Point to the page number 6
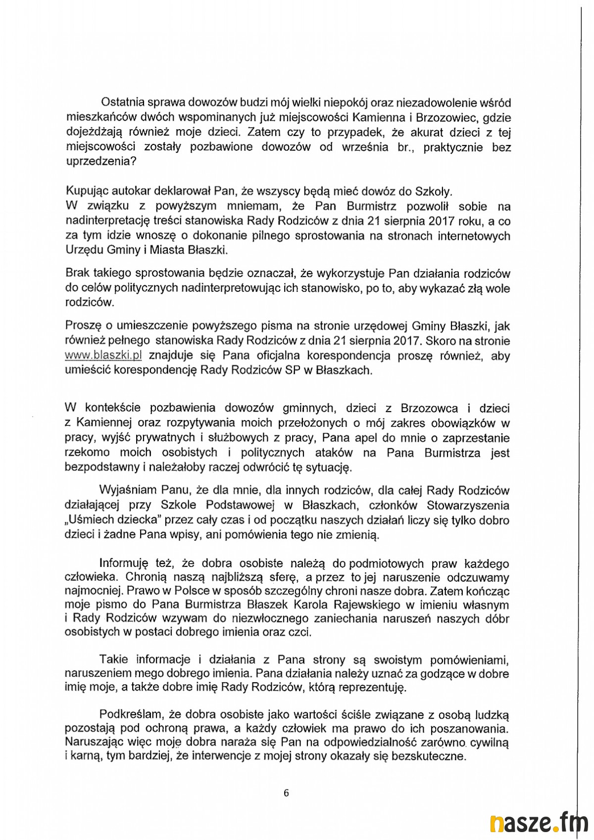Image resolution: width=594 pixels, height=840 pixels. (x=287, y=793)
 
